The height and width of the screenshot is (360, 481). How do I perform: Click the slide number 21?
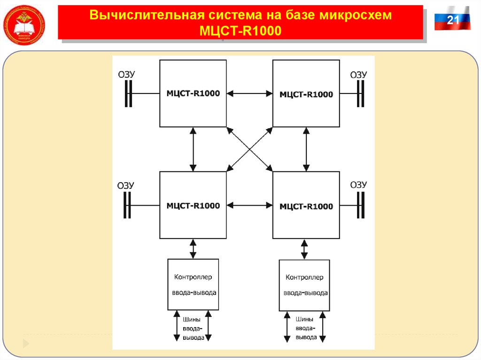pyautogui.click(x=452, y=20)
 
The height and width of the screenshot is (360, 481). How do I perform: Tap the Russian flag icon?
pyautogui.click(x=452, y=19)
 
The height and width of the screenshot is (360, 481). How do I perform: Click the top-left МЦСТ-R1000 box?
pyautogui.click(x=193, y=93)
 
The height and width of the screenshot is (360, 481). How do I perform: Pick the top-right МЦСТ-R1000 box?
pyautogui.click(x=306, y=94)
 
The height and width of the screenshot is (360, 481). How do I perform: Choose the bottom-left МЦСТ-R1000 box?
pyautogui.click(x=193, y=205)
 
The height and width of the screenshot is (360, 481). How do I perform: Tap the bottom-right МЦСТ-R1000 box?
pyautogui.click(x=306, y=206)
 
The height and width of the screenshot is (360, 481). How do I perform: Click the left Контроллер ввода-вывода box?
pyautogui.click(x=193, y=284)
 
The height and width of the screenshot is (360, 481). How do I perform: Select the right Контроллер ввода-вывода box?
pyautogui.click(x=304, y=285)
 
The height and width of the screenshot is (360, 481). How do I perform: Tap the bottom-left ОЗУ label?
pyautogui.click(x=125, y=185)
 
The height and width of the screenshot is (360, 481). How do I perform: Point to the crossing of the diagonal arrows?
pyautogui.click(x=249, y=149)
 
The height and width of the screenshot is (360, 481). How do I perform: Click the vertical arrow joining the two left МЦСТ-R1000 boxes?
pyautogui.click(x=193, y=149)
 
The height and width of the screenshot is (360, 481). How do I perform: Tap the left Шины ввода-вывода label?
pyautogui.click(x=193, y=329)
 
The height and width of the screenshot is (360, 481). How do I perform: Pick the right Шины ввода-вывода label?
pyautogui.click(x=304, y=329)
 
